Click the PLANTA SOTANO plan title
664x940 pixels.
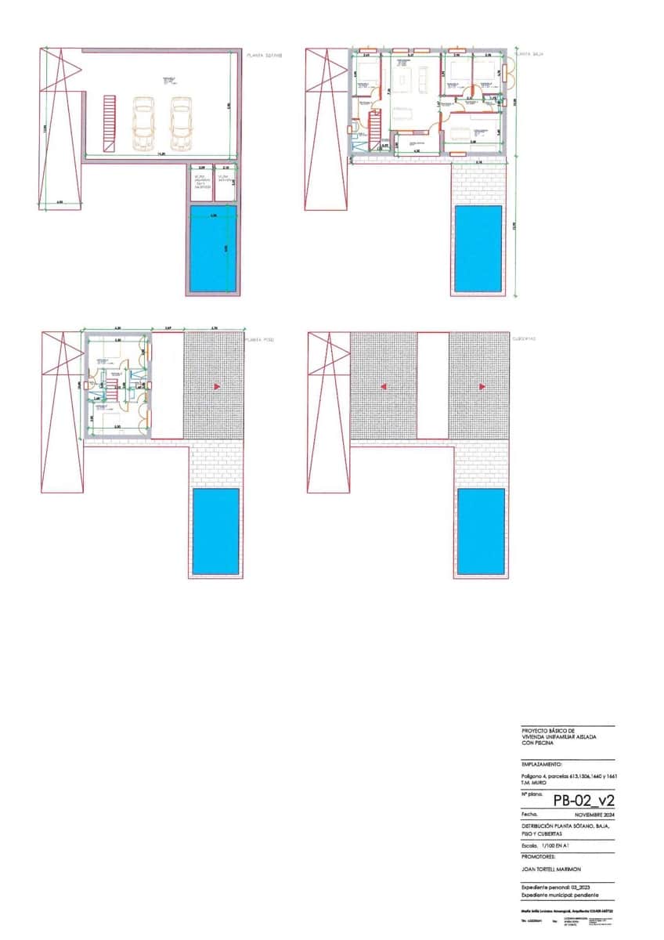tap(264, 56)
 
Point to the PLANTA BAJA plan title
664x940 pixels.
tap(527, 55)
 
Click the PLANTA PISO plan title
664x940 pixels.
tap(259, 340)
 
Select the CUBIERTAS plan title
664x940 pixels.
tap(524, 339)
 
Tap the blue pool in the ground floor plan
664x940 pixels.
tap(478, 248)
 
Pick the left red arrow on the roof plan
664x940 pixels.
tap(383, 387)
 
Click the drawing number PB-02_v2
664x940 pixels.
tap(583, 800)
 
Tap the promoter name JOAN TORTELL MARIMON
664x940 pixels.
tap(551, 869)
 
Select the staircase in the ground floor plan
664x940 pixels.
tap(375, 125)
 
